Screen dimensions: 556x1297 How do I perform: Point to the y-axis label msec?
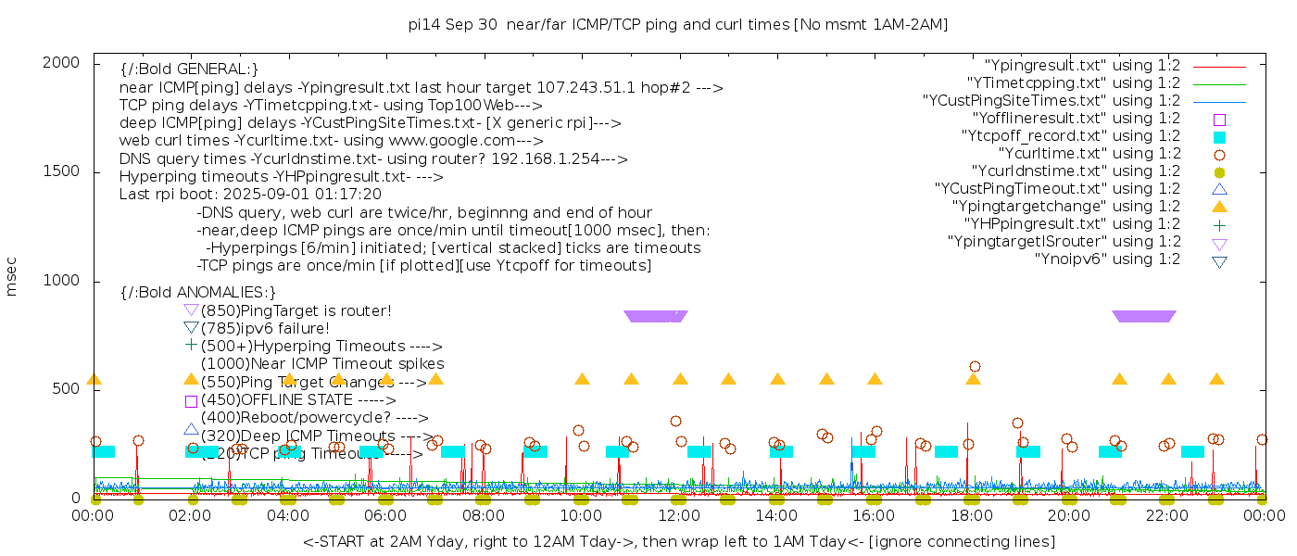point(12,276)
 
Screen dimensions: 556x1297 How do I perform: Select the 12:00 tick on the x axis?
point(679,515)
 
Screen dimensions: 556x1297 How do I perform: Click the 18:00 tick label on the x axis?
point(972,515)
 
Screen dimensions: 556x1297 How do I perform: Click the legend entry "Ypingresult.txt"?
point(1082,66)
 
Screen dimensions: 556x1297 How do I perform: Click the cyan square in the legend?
point(1219,137)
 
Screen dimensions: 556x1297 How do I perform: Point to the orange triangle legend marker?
point(1219,207)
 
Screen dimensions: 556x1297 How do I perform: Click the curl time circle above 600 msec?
point(975,367)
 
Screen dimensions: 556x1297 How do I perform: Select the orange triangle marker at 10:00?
point(582,379)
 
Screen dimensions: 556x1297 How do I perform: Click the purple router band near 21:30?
point(1144,316)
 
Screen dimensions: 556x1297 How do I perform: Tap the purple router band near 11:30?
point(656,316)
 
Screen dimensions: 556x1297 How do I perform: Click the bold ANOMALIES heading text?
point(198,292)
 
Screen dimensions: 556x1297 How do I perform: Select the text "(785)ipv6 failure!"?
point(265,328)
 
